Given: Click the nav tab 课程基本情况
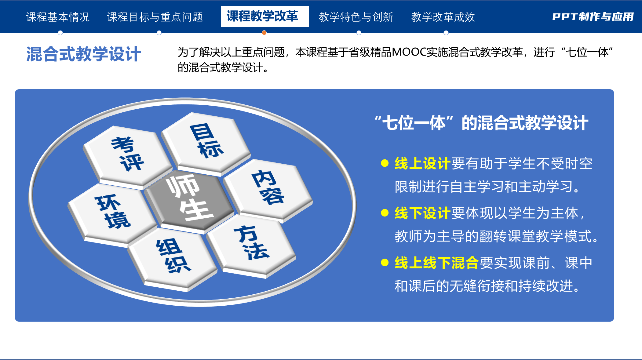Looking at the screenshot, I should pyautogui.click(x=58, y=17).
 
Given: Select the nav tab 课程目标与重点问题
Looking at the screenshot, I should pyautogui.click(x=155, y=17).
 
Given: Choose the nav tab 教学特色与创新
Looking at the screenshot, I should pyautogui.click(x=356, y=17).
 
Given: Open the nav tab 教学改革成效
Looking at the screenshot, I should pyautogui.click(x=443, y=17).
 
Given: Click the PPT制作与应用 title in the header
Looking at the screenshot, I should pyautogui.click(x=593, y=17).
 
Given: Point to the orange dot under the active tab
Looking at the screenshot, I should pyautogui.click(x=264, y=33).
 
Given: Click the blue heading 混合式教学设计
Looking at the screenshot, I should pyautogui.click(x=84, y=54).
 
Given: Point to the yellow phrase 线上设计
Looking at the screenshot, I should pyautogui.click(x=422, y=163).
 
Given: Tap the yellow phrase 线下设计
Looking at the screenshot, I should pyautogui.click(x=422, y=213).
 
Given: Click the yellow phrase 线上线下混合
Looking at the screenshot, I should pyautogui.click(x=436, y=263).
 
